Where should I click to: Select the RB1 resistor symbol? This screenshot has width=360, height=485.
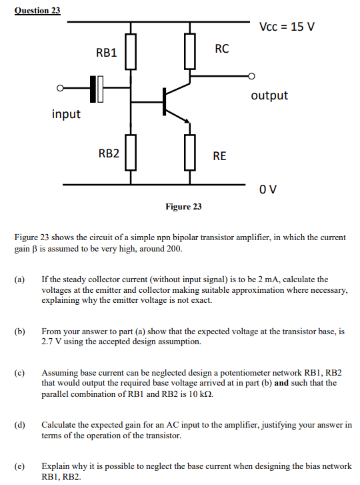pos(130,52)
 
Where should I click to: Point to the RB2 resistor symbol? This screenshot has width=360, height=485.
pos(130,153)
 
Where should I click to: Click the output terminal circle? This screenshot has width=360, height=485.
pos(251,75)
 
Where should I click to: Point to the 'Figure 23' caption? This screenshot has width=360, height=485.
pos(183,207)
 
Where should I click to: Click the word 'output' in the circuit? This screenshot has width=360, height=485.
pos(269,95)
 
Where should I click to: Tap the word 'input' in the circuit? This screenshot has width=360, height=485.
pos(66,114)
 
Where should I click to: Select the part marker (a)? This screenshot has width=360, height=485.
pos(19,280)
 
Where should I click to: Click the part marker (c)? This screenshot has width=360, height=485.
pos(19,373)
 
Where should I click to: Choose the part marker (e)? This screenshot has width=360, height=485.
pos(19,466)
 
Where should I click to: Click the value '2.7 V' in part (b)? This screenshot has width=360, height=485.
pos(53,341)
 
